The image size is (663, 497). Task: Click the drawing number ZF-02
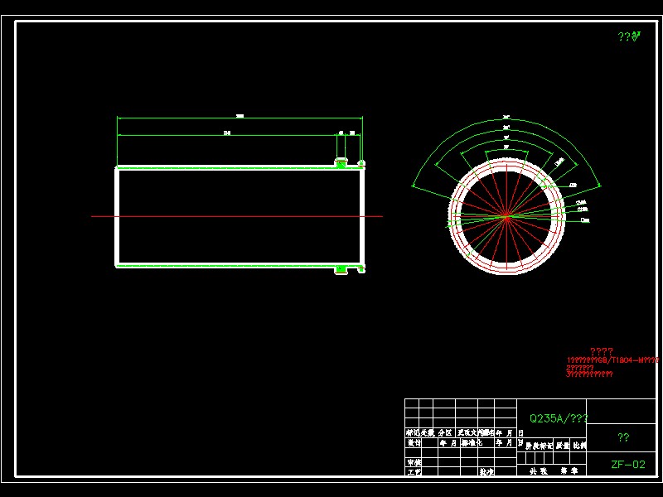click(627, 465)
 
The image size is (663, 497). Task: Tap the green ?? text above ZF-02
click(623, 437)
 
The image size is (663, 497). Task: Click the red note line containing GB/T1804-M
click(612, 360)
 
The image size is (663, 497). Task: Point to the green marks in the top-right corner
click(629, 36)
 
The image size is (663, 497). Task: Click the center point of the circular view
click(506, 217)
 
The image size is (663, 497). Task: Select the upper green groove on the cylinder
click(340, 163)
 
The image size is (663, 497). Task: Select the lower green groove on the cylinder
click(340, 268)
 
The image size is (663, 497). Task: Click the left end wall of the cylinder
click(117, 217)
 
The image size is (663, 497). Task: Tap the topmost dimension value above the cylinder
click(240, 116)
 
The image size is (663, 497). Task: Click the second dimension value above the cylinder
click(225, 133)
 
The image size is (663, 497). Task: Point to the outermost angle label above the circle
click(506, 117)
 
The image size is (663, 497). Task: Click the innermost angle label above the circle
click(506, 147)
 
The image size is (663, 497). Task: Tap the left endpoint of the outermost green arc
click(411, 186)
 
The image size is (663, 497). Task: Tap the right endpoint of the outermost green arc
click(600, 186)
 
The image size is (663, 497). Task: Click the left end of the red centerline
click(92, 217)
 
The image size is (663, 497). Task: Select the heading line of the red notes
click(601, 351)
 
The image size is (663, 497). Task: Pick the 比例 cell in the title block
click(579, 446)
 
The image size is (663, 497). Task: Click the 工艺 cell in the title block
click(414, 471)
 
